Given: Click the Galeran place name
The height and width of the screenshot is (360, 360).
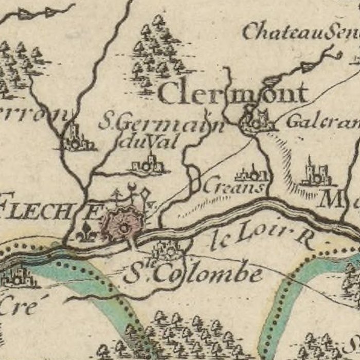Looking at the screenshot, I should (x=322, y=122).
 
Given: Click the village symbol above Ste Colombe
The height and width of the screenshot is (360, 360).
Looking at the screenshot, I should (x=167, y=251).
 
